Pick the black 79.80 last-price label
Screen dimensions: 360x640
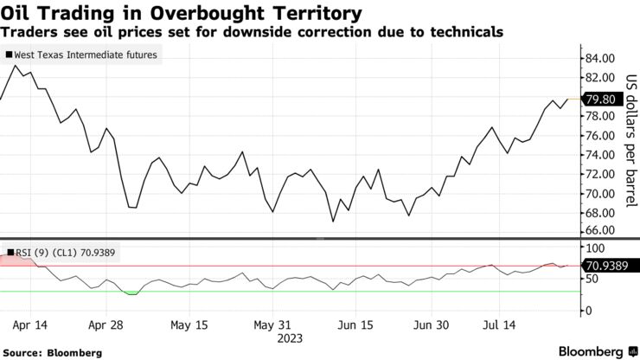(x=599, y=100)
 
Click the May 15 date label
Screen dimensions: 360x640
(x=189, y=325)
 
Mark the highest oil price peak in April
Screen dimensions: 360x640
(x=16, y=66)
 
